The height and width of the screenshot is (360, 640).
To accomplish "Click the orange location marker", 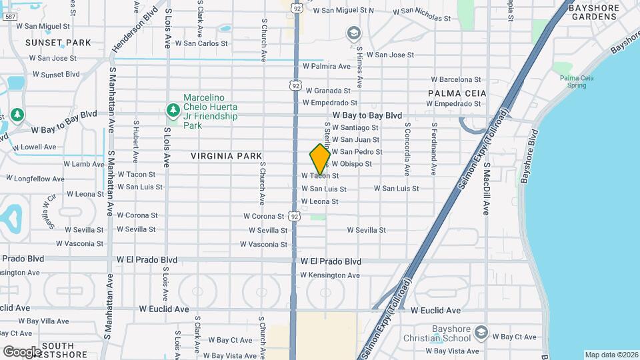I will (320, 159).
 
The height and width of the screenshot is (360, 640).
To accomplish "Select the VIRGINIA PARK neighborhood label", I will (226, 156).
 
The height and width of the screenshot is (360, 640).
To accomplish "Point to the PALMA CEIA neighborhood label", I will (457, 93).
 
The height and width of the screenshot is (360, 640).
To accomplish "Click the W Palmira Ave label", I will (327, 67).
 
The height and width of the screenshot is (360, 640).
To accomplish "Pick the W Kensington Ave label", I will (330, 275).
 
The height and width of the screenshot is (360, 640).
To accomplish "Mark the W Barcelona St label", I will (459, 79).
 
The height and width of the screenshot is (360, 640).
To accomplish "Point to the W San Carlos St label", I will (201, 43).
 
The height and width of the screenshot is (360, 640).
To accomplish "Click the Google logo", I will (21, 351).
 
